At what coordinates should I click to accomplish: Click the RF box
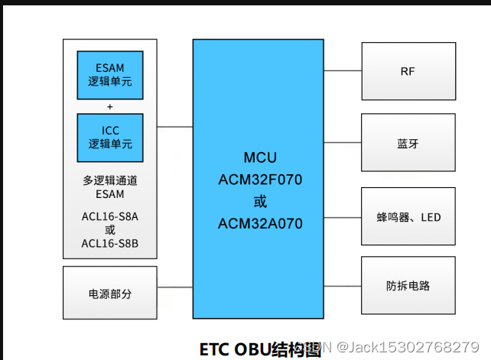408,71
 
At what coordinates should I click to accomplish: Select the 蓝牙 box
408,143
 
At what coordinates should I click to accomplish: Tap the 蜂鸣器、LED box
408,217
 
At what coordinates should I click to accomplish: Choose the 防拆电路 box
408,286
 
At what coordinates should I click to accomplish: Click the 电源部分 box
109,293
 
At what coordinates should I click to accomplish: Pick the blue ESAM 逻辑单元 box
110,75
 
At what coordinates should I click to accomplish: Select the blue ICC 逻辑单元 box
110,137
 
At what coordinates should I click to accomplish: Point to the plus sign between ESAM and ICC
110,106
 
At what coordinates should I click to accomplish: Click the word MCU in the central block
260,158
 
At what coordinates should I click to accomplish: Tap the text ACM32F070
260,180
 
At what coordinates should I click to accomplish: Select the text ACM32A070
260,224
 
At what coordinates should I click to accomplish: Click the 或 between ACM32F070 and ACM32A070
260,203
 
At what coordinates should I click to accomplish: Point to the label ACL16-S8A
109,216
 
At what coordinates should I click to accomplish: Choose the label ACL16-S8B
109,244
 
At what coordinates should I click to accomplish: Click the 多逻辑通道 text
109,181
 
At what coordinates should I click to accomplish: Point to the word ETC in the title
215,349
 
